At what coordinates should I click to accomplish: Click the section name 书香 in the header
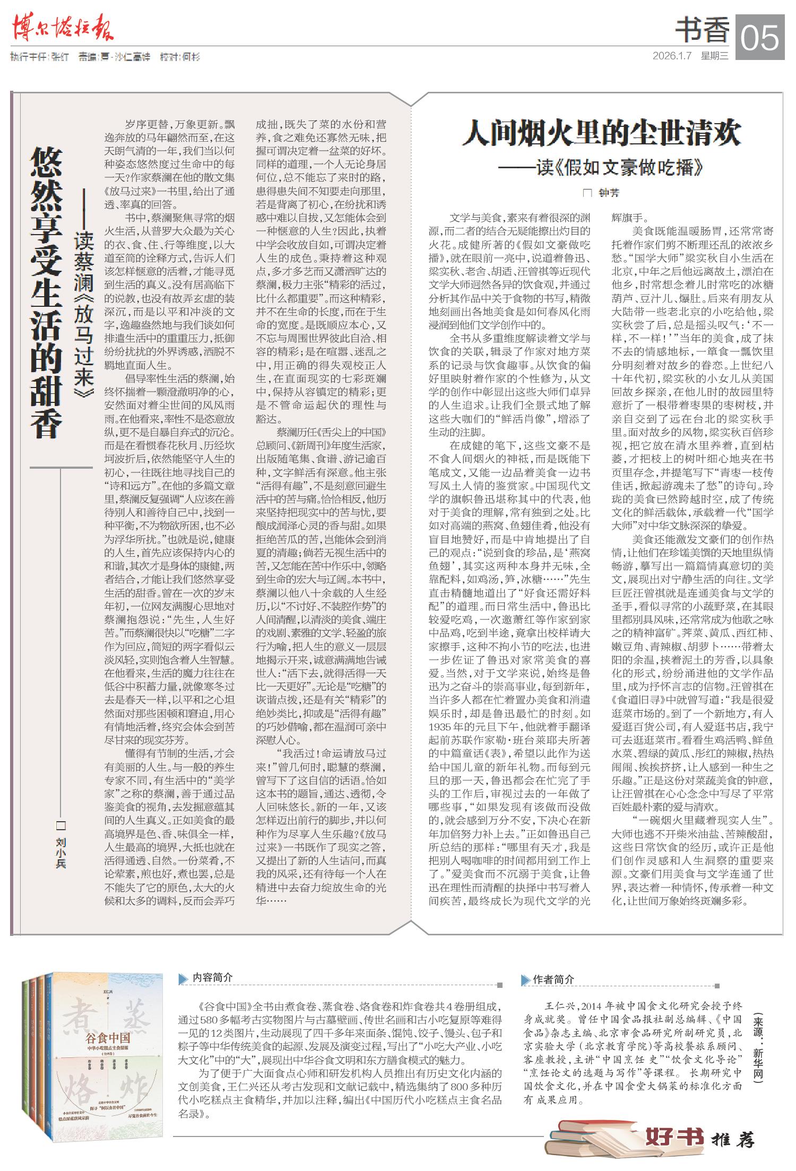702,30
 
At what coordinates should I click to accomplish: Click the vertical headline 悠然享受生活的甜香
47,292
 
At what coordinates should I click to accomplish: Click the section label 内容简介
212,977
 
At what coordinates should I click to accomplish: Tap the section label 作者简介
553,979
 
